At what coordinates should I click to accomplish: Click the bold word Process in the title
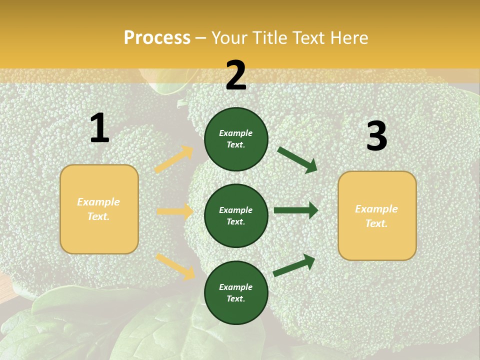(x=157, y=38)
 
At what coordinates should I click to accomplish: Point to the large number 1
(x=99, y=128)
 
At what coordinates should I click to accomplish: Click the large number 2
(x=236, y=75)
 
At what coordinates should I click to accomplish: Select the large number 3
(x=376, y=136)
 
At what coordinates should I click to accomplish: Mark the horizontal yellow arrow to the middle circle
(x=175, y=211)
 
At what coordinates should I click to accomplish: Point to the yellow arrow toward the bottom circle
(x=175, y=266)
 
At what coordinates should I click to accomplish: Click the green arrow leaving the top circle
(x=297, y=159)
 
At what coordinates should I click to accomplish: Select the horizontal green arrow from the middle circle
(x=296, y=210)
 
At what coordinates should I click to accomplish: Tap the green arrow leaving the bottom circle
(x=294, y=265)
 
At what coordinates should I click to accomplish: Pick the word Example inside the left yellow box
(x=98, y=202)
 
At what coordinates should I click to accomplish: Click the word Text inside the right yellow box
(x=376, y=223)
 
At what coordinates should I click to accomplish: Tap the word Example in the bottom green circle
(x=236, y=287)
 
